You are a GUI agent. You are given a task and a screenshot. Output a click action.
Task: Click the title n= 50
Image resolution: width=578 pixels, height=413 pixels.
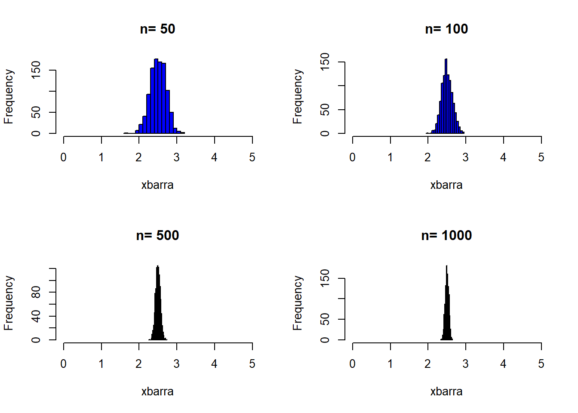pyautogui.click(x=157, y=29)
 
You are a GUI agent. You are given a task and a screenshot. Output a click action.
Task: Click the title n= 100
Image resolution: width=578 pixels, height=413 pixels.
pyautogui.click(x=446, y=29)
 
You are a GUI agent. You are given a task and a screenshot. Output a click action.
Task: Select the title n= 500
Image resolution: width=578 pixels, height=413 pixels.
pyautogui.click(x=157, y=235)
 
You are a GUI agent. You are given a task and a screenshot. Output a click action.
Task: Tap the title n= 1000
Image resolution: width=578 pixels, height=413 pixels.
pyautogui.click(x=446, y=235)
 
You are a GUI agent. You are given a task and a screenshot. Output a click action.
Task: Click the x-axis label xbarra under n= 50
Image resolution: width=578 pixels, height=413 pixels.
pyautogui.click(x=157, y=185)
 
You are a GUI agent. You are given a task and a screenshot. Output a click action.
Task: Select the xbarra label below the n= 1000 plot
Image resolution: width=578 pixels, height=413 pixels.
pyautogui.click(x=446, y=391)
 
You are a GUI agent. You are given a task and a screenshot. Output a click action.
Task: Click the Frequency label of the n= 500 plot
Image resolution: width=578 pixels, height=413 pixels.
pyautogui.click(x=9, y=303)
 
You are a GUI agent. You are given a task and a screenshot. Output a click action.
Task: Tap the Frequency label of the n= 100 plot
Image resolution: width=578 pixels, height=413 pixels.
pyautogui.click(x=298, y=96)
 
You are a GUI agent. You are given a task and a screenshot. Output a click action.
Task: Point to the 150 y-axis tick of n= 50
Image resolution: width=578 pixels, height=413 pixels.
pyautogui.click(x=36, y=70)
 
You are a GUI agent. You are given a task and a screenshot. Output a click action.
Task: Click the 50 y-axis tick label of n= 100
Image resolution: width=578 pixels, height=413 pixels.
pyautogui.click(x=325, y=110)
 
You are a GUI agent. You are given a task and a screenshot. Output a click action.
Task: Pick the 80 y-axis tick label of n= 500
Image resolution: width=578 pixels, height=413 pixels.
pyautogui.click(x=36, y=293)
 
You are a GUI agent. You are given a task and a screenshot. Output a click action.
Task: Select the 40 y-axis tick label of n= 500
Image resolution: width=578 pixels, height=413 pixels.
pyautogui.click(x=36, y=316)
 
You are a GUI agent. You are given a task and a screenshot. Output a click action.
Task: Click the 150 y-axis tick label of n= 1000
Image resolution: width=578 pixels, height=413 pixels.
pyautogui.click(x=325, y=277)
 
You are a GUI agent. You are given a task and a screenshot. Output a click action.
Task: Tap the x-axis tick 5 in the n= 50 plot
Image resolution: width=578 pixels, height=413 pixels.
pyautogui.click(x=252, y=157)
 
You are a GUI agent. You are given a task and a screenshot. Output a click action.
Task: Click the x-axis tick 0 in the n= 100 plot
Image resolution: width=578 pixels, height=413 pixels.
pyautogui.click(x=353, y=157)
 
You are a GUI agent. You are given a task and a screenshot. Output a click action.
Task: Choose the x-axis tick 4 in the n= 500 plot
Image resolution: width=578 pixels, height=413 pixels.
pyautogui.click(x=214, y=364)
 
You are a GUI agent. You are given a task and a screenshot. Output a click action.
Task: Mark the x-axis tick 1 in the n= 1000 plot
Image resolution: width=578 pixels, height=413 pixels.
pyautogui.click(x=390, y=364)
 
